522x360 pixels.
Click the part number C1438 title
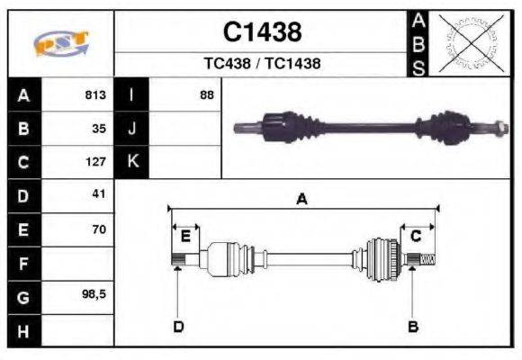tap(262, 32)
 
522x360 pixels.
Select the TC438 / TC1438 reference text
tap(262, 64)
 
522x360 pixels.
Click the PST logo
tap(60, 43)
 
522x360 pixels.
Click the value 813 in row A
tap(94, 95)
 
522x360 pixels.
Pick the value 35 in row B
tap(99, 129)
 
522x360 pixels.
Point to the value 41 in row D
tap(98, 194)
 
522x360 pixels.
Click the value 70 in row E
tap(98, 229)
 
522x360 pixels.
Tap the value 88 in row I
tap(206, 95)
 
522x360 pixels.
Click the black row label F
tap(23, 263)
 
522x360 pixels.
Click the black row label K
tap(132, 162)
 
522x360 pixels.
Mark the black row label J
tap(132, 129)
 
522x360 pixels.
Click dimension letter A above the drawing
tap(302, 201)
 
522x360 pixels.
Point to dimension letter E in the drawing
tap(185, 237)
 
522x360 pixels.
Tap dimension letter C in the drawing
tap(416, 237)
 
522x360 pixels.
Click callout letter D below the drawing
tap(178, 327)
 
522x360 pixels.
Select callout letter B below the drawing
tap(413, 327)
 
